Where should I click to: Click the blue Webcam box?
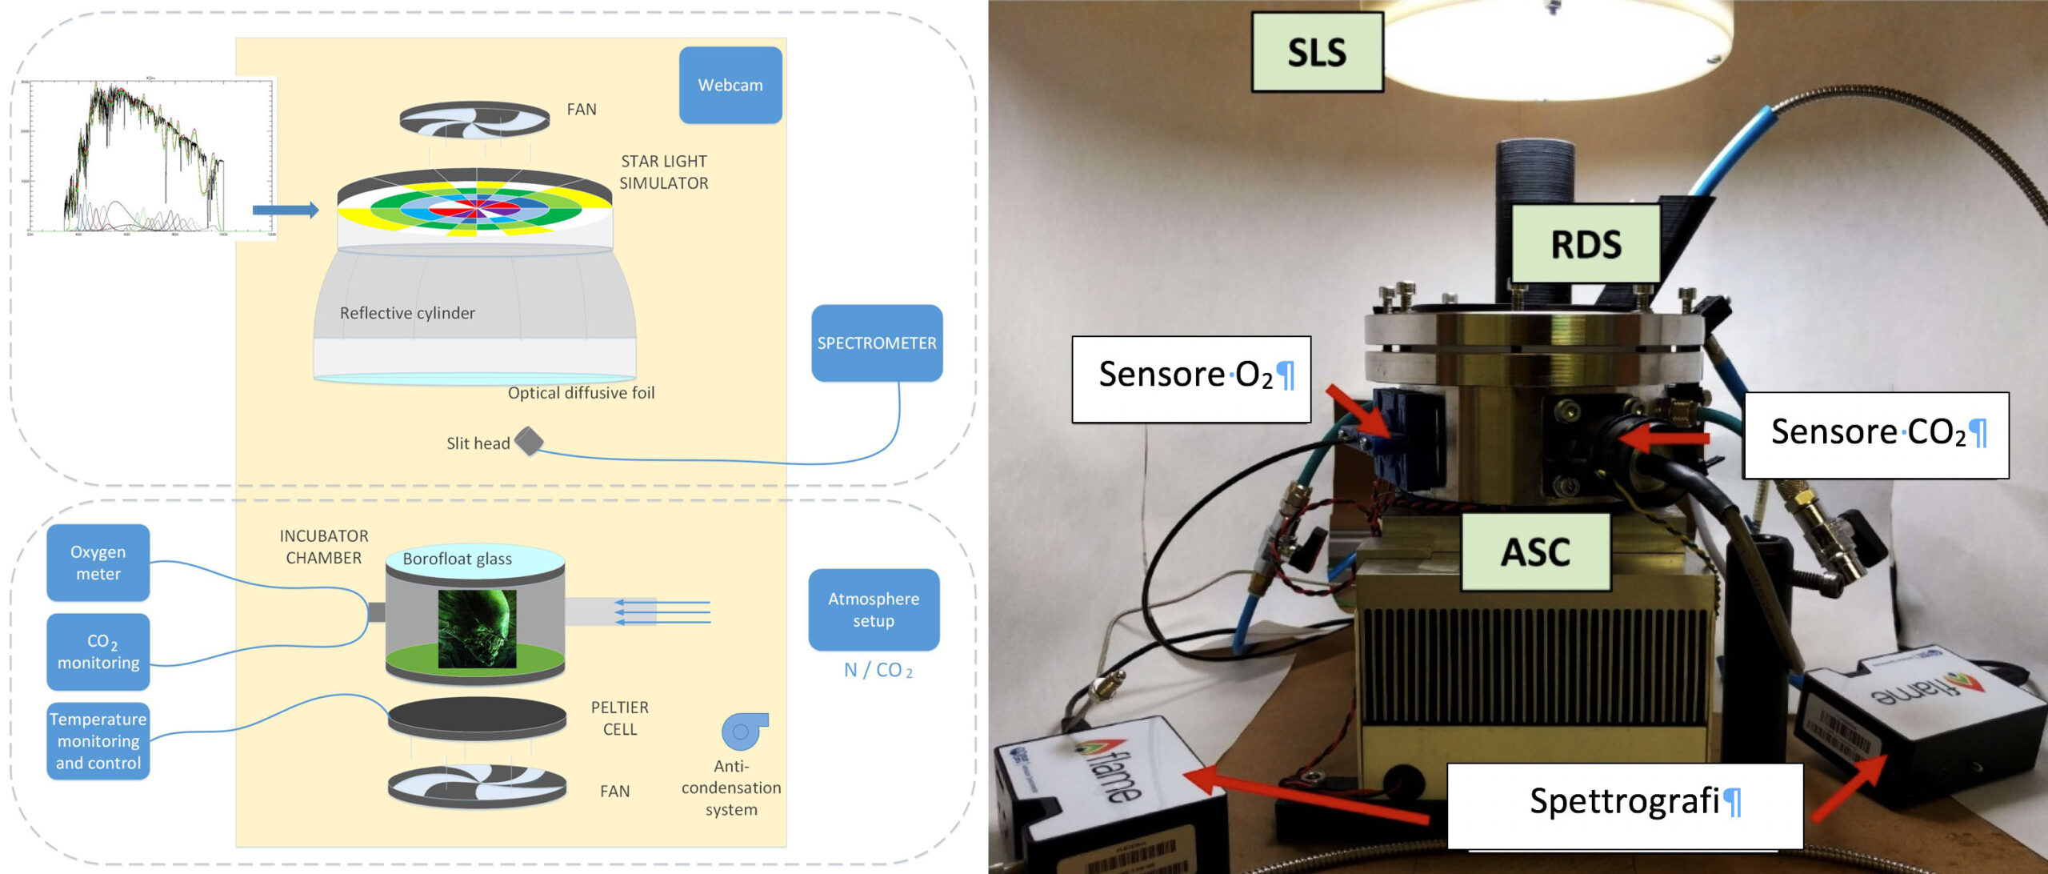(730, 85)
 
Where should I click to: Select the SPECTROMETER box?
(876, 343)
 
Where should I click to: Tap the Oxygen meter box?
(98, 563)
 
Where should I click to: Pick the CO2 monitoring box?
(98, 651)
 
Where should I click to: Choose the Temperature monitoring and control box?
(98, 741)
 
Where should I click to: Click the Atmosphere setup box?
(873, 610)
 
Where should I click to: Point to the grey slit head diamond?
(529, 441)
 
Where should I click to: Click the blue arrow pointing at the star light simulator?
(285, 210)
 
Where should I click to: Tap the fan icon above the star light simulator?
(474, 119)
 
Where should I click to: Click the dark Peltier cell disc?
(477, 717)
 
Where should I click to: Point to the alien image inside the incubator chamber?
(477, 629)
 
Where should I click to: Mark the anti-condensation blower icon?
(744, 731)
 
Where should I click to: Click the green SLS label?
(1317, 53)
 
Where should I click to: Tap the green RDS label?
(1586, 244)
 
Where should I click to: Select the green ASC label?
(1535, 552)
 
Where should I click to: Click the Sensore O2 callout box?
(1190, 379)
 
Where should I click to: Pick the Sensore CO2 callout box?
(1875, 435)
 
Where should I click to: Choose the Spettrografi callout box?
(1624, 804)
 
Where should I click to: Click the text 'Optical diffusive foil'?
(581, 393)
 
